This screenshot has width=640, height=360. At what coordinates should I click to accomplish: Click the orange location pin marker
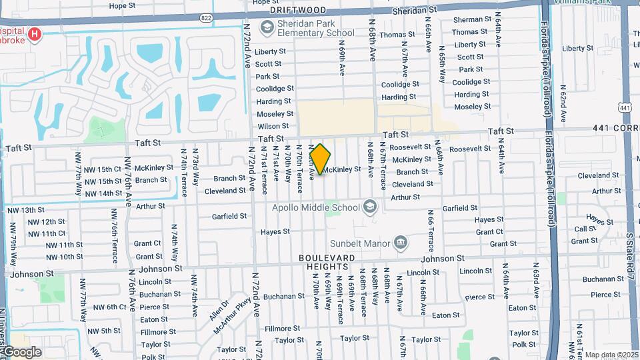[321, 159]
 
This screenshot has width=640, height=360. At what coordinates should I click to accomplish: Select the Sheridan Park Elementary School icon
[267, 27]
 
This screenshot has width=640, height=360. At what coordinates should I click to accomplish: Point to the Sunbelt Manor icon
[401, 242]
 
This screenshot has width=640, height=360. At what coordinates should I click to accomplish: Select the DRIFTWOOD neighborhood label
[297, 11]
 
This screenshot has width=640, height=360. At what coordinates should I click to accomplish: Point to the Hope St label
[122, 6]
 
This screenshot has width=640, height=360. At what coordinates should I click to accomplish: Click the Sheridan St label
[414, 10]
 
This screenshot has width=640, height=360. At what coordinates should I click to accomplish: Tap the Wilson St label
[273, 126]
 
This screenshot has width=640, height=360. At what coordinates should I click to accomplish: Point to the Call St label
[581, 229]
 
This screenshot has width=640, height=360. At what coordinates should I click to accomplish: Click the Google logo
[21, 352]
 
